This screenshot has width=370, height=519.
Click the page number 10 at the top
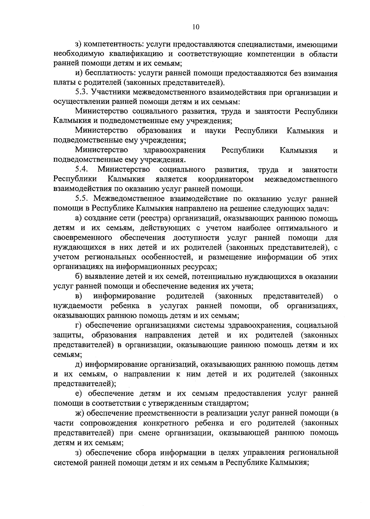pos(196,27)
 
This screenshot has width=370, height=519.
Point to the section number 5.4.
pos(82,170)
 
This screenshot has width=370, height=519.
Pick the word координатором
pos(226,179)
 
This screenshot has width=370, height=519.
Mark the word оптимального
pos(292,228)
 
